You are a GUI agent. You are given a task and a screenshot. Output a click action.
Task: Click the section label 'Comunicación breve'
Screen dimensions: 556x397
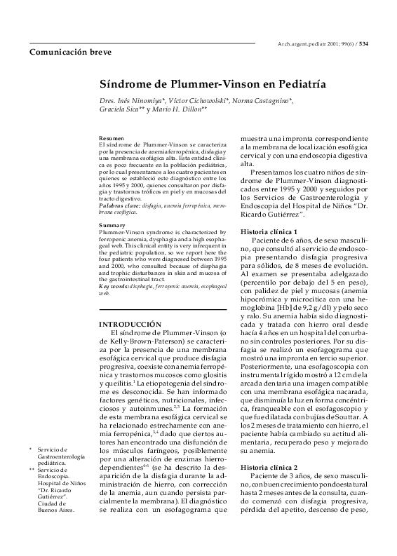pyautogui.click(x=65, y=53)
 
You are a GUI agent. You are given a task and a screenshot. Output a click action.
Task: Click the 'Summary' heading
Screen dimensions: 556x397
pyautogui.click(x=112, y=225)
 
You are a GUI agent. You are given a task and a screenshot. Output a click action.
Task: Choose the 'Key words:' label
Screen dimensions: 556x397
pyautogui.click(x=115, y=287)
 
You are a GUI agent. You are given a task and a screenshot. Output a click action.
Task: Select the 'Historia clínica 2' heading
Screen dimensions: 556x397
pyautogui.click(x=269, y=466)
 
